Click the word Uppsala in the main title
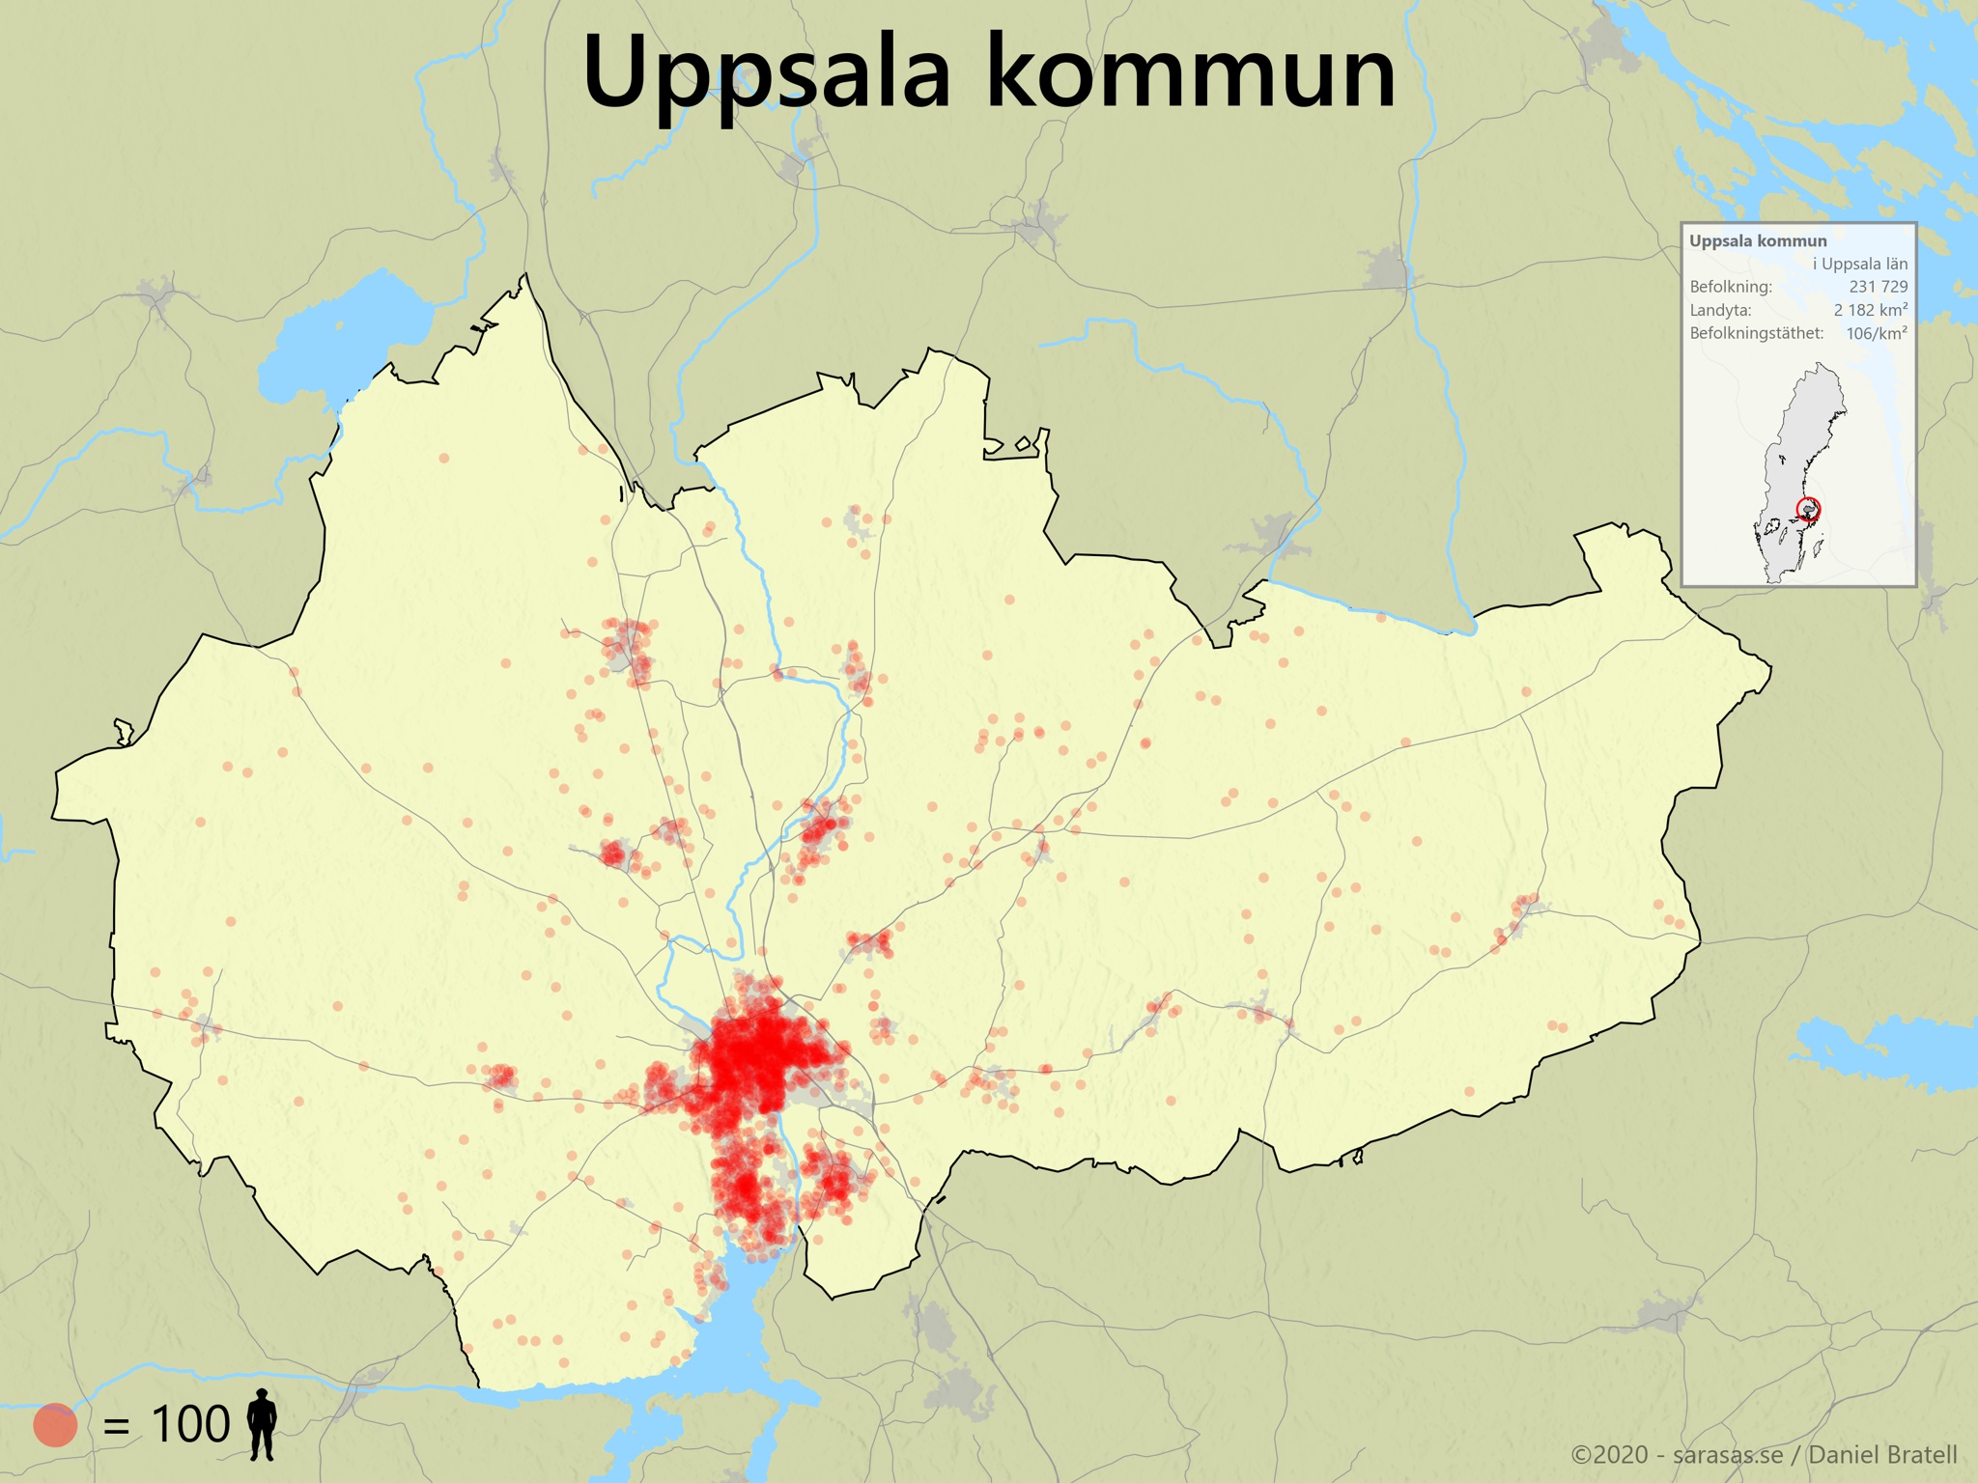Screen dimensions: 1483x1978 coord(768,72)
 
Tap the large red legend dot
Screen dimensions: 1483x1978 coord(55,1424)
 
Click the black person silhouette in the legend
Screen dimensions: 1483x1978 coord(262,1424)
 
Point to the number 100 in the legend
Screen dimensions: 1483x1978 coord(190,1424)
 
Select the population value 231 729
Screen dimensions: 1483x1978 coord(1878,287)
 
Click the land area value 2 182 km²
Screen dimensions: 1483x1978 coord(1870,310)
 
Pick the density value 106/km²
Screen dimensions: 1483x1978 coord(1876,333)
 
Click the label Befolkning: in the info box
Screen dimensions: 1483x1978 coord(1731,287)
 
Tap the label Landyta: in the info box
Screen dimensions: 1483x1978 coord(1720,310)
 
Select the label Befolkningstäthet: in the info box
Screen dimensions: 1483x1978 coord(1756,333)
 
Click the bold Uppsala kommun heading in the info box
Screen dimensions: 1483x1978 coord(1758,241)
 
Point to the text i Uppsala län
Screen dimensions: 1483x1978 coord(1859,264)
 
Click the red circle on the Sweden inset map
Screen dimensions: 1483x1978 coord(1808,508)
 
